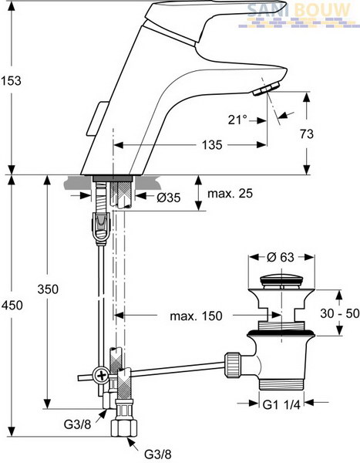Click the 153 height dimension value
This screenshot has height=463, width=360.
pos(11,80)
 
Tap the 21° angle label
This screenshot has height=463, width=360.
pos(237,120)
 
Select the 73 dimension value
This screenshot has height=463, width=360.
pos(307,133)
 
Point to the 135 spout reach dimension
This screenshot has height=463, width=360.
pos(212,145)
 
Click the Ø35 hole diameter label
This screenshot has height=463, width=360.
pos(169,198)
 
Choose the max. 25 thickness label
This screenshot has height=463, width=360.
pos(230,194)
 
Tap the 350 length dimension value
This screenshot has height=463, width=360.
pos(48,289)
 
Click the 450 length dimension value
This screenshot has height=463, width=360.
pos(12,305)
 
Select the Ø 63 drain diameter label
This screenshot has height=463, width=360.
pos(281,257)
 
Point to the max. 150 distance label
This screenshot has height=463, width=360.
pos(196,316)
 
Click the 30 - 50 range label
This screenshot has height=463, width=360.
pos(340,313)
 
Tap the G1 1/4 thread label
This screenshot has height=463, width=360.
pos(281,404)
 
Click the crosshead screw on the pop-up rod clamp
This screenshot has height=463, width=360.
pos(102,376)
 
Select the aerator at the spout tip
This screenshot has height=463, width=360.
pos(266,90)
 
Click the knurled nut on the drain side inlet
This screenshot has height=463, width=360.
pos(233,365)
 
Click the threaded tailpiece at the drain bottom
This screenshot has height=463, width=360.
pos(281,384)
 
